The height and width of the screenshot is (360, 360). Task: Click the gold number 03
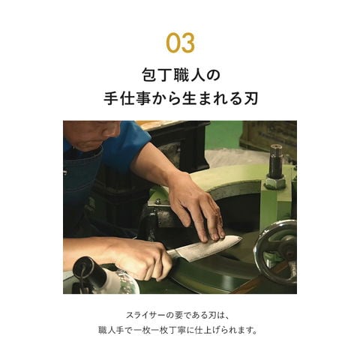(180, 43)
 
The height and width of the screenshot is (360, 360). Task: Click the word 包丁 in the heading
(156, 75)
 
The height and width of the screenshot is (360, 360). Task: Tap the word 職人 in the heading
(188, 75)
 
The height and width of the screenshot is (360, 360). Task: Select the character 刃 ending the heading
(250, 98)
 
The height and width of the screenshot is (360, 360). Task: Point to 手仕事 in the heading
(127, 98)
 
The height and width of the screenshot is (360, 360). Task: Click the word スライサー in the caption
(145, 315)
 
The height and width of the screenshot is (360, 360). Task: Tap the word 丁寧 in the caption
(178, 331)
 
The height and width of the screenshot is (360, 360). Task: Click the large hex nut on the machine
(275, 180)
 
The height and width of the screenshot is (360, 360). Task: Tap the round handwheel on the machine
(276, 253)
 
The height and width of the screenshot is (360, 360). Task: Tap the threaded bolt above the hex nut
(276, 159)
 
